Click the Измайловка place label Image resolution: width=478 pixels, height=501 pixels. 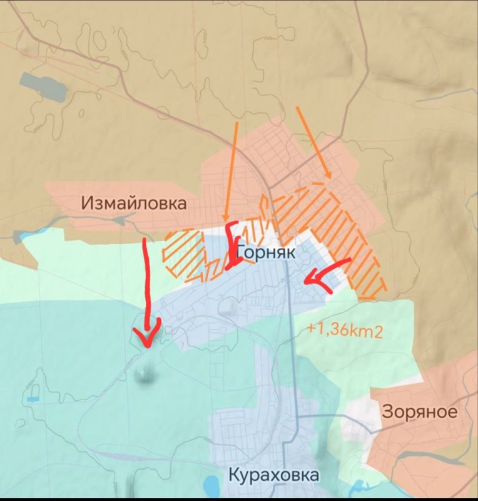133,203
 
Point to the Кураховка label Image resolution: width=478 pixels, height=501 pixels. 274,474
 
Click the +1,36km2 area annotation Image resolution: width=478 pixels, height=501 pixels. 344,331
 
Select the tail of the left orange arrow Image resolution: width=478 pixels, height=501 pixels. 236,123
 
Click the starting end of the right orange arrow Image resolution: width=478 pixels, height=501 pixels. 297,107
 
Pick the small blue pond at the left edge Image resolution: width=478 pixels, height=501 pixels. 31,398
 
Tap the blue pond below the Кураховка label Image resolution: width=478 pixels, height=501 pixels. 211,485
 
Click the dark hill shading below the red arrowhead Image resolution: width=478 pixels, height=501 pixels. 145,374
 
